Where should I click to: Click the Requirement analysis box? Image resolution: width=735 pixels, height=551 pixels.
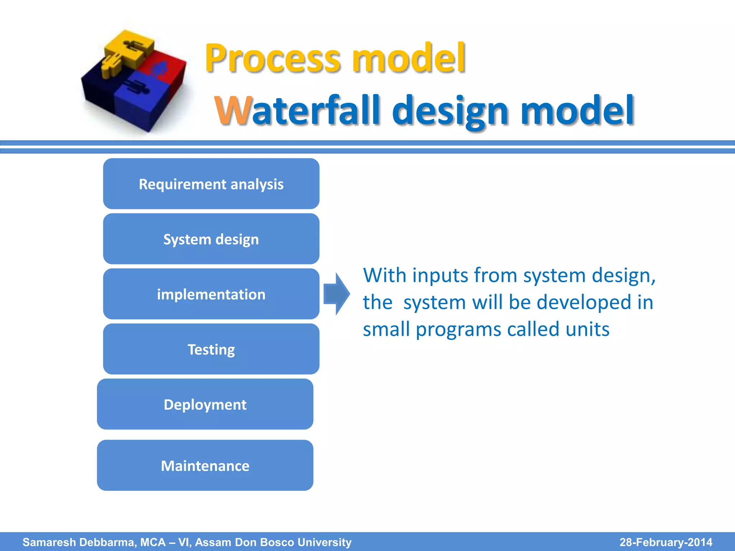211,184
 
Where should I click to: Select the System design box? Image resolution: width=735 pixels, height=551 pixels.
211,239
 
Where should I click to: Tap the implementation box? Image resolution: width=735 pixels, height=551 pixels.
211,294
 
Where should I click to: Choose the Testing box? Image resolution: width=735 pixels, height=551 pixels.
211,349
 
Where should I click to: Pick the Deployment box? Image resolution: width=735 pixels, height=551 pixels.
205,404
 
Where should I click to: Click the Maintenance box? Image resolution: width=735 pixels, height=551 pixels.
205,465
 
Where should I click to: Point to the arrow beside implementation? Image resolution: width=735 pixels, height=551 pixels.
336,294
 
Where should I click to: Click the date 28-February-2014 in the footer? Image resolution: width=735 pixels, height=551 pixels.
666,542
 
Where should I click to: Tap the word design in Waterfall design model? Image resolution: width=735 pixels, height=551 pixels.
453,111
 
